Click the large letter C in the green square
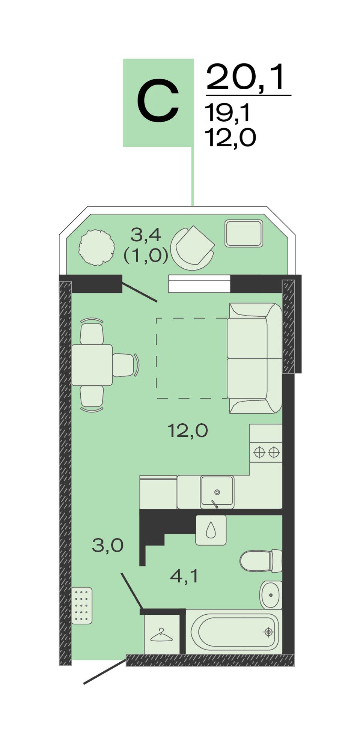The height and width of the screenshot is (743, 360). (158, 102)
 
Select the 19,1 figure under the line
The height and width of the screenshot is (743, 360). (227, 113)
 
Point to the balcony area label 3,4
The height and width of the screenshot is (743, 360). (146, 235)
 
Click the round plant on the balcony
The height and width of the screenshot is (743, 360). (96, 248)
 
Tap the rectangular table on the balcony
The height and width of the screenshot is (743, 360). (244, 233)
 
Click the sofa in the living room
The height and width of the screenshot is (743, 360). (255, 358)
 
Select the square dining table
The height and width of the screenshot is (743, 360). (92, 365)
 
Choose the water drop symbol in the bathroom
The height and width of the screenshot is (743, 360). (211, 530)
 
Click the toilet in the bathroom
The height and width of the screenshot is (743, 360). (261, 561)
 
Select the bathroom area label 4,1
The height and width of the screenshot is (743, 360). (184, 576)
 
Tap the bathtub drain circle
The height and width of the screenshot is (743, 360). (268, 632)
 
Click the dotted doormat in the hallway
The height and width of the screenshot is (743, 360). (82, 605)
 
